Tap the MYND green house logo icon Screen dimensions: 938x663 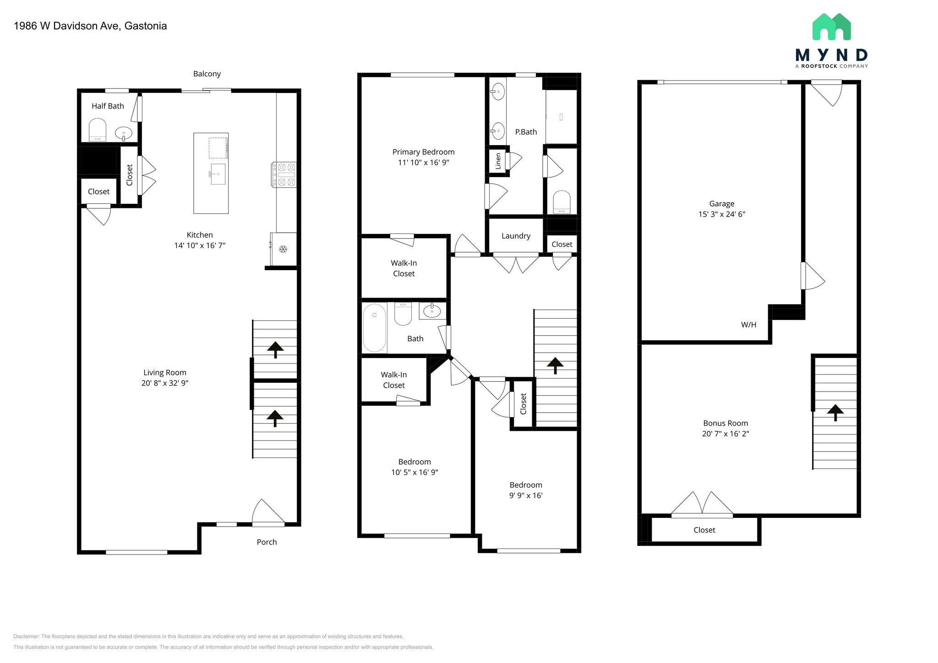(831, 27)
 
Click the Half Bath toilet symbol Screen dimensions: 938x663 (97, 130)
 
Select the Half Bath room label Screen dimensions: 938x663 (108, 106)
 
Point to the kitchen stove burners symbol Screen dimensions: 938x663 (284, 175)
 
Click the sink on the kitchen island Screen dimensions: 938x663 (218, 174)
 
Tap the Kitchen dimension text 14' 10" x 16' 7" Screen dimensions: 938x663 (200, 245)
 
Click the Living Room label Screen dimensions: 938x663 (165, 373)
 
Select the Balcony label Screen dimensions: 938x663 (207, 74)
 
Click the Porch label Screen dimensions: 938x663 (267, 542)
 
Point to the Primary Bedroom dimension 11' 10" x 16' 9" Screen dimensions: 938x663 (424, 163)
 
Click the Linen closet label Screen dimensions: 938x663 (498, 161)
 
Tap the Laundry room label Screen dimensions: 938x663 (516, 236)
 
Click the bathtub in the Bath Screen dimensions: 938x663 (375, 328)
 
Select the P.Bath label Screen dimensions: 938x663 (526, 132)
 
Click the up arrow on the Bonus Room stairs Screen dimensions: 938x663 (835, 413)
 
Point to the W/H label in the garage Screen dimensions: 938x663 (748, 325)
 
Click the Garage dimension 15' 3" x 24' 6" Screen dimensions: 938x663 (722, 214)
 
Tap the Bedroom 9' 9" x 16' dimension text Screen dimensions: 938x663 (526, 495)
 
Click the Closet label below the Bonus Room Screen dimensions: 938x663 (704, 530)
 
